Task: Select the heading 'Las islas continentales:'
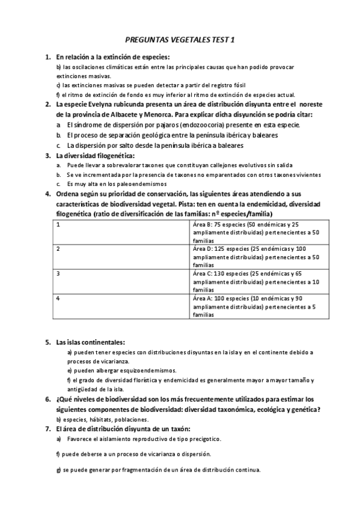(91, 342)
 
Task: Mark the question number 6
(48, 399)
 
